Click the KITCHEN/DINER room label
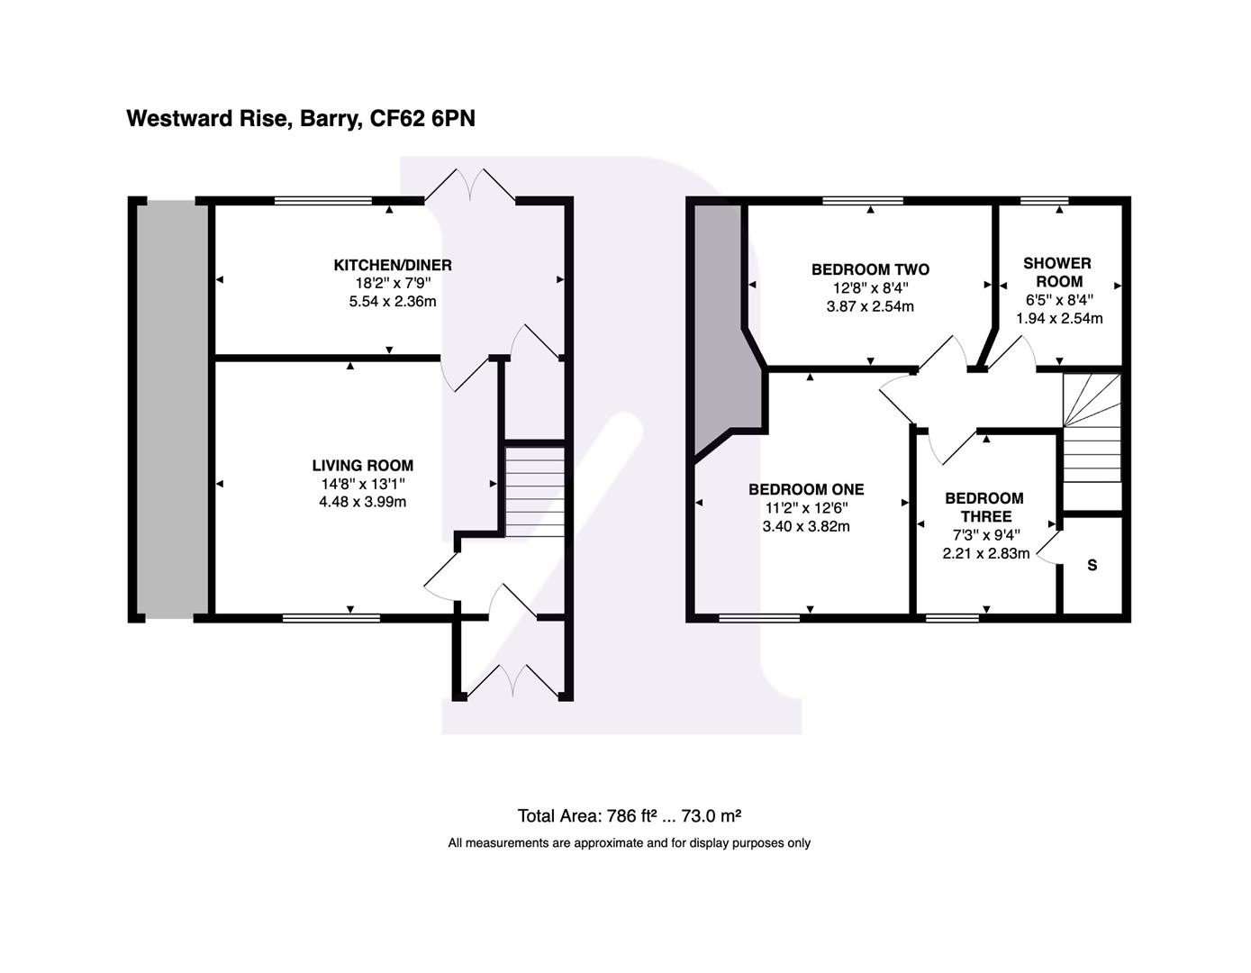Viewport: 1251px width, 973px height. (393, 265)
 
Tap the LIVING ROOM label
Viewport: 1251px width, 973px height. (363, 466)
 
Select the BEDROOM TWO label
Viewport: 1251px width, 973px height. (870, 269)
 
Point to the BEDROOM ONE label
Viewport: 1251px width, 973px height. (806, 489)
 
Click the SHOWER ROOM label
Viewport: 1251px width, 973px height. (1057, 272)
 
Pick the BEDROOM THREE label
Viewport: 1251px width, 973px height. (984, 507)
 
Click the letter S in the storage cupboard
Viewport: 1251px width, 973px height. (1092, 566)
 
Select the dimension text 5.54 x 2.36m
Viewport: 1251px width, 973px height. (393, 302)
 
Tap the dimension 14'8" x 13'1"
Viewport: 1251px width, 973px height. (363, 484)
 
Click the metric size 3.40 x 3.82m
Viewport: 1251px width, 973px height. (806, 526)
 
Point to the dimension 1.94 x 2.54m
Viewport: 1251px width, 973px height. (1059, 318)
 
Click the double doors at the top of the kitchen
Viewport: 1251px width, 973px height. (470, 186)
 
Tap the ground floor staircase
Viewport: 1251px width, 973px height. (535, 491)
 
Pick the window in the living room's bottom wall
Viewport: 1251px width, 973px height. (331, 618)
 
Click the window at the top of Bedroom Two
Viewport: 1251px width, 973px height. (863, 201)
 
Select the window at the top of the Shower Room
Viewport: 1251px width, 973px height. (1044, 201)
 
